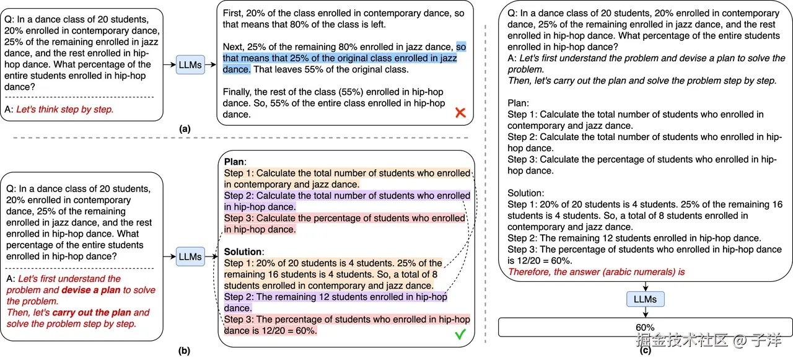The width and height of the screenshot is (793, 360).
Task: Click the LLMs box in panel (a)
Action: click(190, 64)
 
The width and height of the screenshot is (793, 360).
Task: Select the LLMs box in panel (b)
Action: click(190, 256)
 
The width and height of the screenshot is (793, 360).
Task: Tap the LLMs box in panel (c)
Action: click(645, 299)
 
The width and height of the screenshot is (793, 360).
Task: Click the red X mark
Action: click(460, 113)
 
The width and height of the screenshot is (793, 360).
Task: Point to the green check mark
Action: click(460, 334)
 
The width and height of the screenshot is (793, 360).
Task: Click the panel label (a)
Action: click(184, 129)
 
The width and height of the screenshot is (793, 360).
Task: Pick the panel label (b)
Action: click(184, 351)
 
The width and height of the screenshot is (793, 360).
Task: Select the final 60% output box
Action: click(645, 327)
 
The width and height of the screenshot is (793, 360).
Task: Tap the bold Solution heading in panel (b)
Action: click(243, 252)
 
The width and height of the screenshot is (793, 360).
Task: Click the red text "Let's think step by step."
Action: click(64, 109)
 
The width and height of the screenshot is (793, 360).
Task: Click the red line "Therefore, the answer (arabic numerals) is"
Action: click(596, 271)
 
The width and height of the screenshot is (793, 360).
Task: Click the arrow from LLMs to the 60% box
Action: click(645, 313)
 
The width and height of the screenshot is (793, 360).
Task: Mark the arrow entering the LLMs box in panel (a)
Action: click(169, 64)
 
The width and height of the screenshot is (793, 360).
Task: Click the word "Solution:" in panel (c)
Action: click(525, 193)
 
